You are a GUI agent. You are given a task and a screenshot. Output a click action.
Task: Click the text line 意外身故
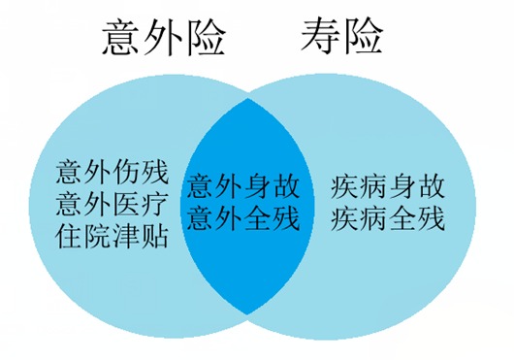pos(243,184)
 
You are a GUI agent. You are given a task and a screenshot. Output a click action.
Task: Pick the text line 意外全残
pos(243,215)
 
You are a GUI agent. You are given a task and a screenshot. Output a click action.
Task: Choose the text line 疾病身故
pos(388,184)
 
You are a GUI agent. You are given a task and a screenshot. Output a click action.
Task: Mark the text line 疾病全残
pos(388,215)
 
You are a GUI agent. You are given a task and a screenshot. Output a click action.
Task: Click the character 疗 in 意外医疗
pos(155,206)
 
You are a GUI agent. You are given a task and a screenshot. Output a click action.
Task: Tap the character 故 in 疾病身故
pos(431,184)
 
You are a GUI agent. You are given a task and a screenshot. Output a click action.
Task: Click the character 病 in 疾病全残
pos(373,215)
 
